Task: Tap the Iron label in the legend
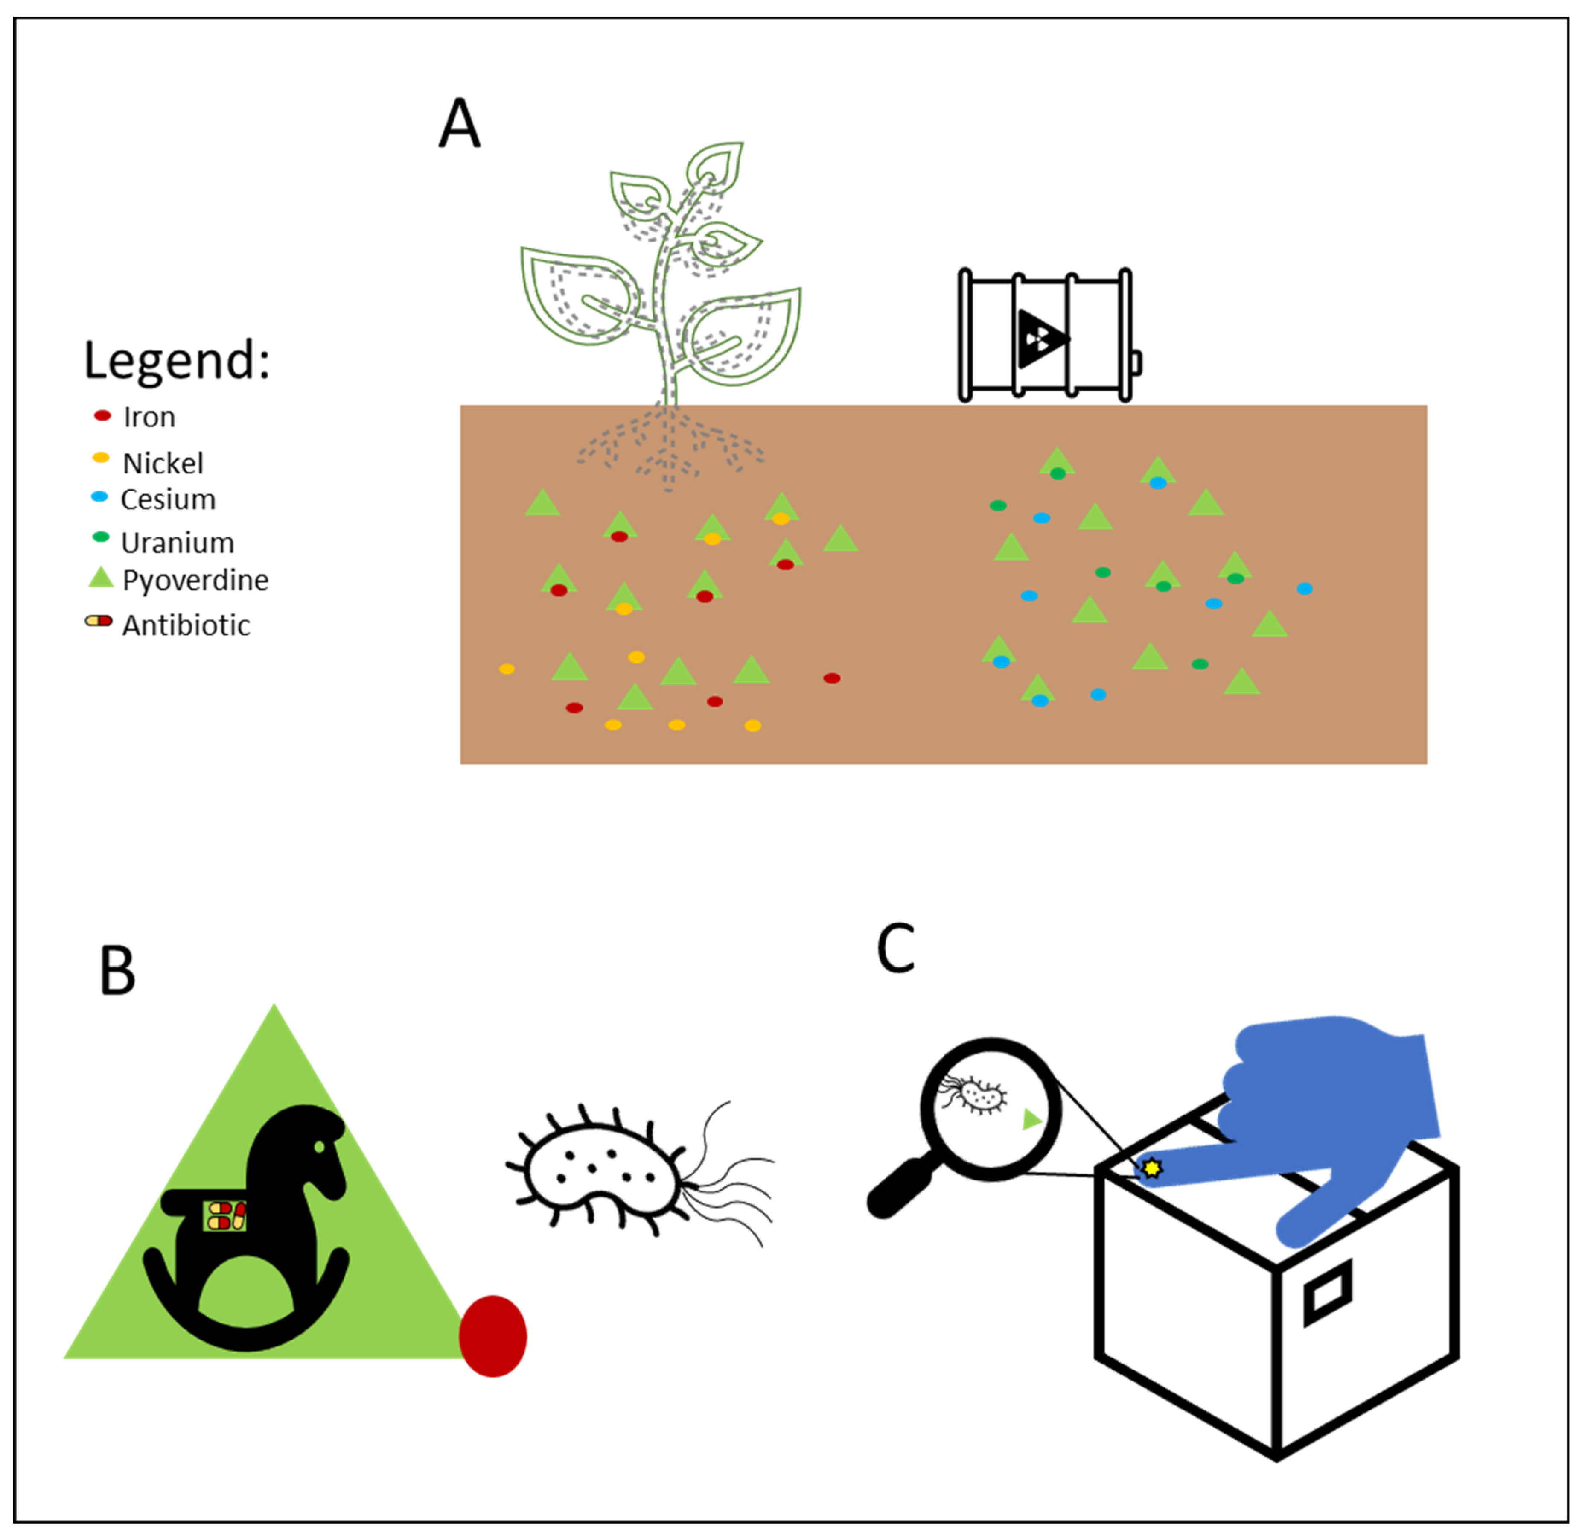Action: (149, 418)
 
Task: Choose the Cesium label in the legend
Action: (168, 500)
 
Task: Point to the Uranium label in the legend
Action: (178, 543)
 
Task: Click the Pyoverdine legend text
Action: (195, 580)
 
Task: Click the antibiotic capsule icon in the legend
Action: (99, 621)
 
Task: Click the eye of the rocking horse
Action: (320, 1147)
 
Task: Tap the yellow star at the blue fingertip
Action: (1152, 1168)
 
